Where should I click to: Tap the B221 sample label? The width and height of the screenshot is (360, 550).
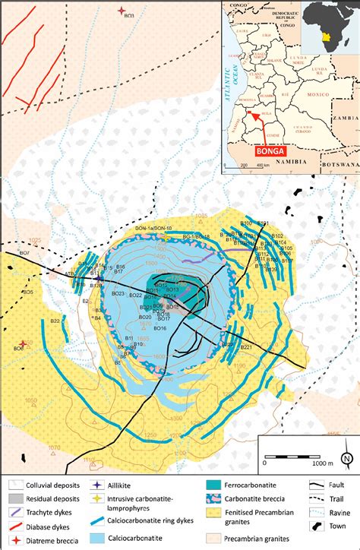(245, 347)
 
